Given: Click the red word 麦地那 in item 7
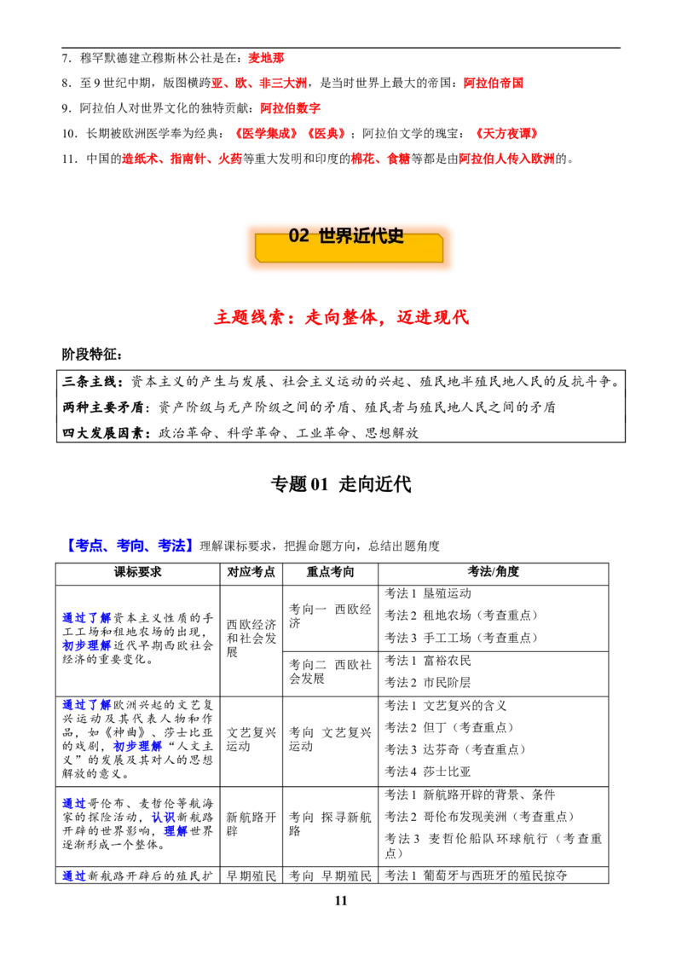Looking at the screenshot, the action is (x=266, y=58).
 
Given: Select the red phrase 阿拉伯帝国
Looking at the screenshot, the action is (x=493, y=83).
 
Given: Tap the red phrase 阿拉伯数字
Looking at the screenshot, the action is (x=290, y=108).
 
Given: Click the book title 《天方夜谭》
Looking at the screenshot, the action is (x=506, y=134).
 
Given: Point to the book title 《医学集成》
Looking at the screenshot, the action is (x=266, y=134).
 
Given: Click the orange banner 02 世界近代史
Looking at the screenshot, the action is (x=349, y=246).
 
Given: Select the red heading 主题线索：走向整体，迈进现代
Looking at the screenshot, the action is (x=342, y=317).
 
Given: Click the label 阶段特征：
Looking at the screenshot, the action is (x=92, y=355).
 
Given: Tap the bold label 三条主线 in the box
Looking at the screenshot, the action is (x=89, y=382).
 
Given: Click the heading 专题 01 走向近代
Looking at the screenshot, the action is (x=341, y=484).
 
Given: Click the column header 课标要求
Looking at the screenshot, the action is (x=138, y=572).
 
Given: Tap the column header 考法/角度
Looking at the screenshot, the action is (x=493, y=572).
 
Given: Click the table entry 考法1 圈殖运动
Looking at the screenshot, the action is (x=428, y=593).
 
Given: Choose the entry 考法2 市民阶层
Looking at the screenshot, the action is (x=428, y=683).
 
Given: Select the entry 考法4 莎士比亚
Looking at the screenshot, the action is (x=428, y=771).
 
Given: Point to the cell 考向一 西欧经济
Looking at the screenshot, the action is (x=330, y=616).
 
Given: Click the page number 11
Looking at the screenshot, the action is (x=341, y=900).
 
